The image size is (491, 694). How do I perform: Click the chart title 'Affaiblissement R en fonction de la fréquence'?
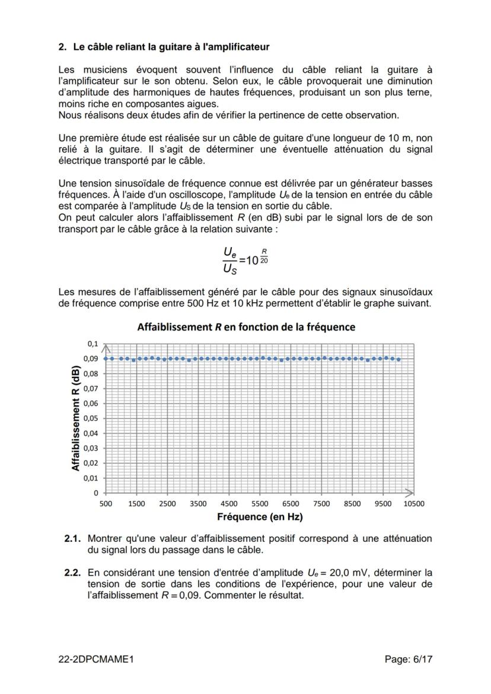[x=246, y=327]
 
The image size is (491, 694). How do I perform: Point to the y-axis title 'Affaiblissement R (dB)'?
[x=76, y=418]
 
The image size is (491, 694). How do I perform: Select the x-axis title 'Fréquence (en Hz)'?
[x=260, y=517]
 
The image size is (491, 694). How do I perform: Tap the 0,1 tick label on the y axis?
[x=92, y=344]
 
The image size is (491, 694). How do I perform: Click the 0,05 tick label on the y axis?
[x=90, y=418]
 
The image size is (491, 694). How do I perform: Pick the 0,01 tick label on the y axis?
[x=90, y=478]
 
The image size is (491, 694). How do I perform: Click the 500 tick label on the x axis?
[x=106, y=503]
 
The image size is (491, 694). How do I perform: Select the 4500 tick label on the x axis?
[x=229, y=503]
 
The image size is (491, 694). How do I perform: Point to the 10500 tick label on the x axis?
[x=414, y=503]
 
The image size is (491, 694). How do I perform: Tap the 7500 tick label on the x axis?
[x=321, y=503]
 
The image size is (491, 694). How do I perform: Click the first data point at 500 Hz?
[x=106, y=359]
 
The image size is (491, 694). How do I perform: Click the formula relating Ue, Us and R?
[x=245, y=260]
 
